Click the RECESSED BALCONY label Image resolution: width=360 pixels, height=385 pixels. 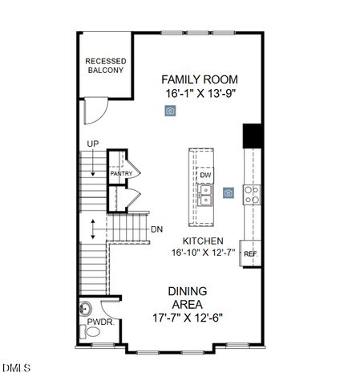coord(105,66)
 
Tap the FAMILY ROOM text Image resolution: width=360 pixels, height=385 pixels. coord(200,79)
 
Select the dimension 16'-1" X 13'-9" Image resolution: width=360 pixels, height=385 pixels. coord(200,94)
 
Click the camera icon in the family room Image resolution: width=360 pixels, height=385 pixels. coord(170,111)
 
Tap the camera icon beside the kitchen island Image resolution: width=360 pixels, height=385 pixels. coord(229,192)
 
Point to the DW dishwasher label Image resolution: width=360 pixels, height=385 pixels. coord(205,175)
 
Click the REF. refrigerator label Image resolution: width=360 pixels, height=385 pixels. coord(250,253)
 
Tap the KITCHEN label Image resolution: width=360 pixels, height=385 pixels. coord(202,241)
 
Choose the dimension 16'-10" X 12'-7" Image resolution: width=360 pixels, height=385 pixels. coord(202,253)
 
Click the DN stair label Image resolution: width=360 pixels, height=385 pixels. coord(156,229)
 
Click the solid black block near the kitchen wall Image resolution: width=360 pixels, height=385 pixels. coord(253,135)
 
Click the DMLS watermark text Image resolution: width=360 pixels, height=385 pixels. coord(16,369)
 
